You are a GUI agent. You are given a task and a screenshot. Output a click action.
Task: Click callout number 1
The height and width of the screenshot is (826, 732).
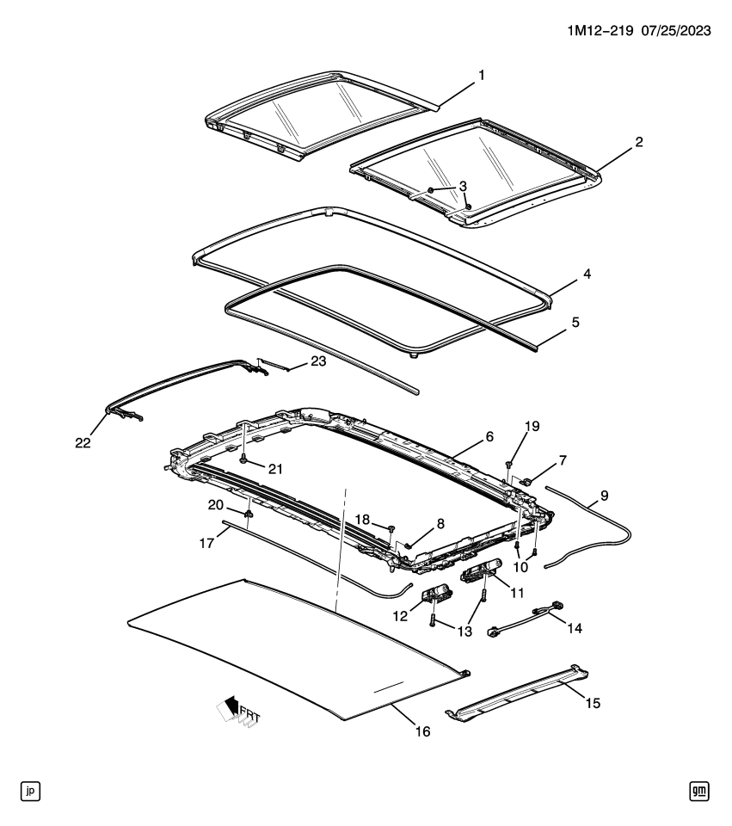tap(482, 76)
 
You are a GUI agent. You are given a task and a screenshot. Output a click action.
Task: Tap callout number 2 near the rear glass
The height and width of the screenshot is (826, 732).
tap(638, 142)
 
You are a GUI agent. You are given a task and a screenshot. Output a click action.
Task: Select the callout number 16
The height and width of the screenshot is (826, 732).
tap(421, 732)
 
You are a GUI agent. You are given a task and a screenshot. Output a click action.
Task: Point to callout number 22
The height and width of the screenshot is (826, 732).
tap(81, 442)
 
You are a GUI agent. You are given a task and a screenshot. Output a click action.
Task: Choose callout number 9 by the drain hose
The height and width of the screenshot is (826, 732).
tap(603, 496)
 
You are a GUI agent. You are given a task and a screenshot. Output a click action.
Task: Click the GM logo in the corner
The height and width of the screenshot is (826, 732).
tap(699, 790)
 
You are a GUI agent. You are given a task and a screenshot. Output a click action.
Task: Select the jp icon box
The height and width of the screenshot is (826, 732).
tap(31, 790)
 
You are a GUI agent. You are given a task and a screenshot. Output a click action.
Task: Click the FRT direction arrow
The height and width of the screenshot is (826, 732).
tap(236, 710)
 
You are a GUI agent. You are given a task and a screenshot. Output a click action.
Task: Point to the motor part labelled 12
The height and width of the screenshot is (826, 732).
tap(438, 595)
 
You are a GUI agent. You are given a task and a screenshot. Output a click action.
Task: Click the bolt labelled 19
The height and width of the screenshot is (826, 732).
tap(509, 465)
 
